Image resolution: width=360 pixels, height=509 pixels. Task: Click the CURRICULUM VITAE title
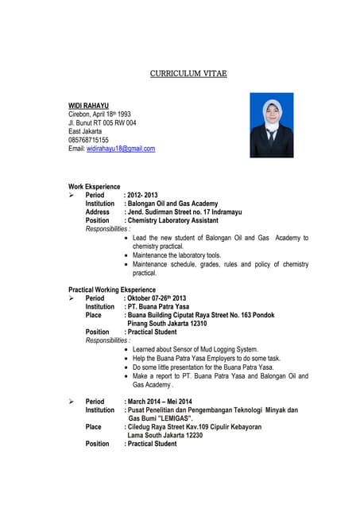coord(188,73)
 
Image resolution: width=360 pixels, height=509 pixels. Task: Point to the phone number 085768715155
coord(89,140)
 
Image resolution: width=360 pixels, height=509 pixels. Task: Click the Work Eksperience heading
coord(101,186)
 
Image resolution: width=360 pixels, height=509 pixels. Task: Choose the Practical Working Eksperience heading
coord(112,289)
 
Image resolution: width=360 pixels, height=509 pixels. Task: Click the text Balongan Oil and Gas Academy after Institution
coord(172,204)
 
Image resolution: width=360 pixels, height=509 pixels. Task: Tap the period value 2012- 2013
coord(143,195)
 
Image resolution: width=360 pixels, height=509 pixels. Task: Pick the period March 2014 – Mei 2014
coord(160,402)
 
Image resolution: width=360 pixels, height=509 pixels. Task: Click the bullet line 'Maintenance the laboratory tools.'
coord(176,255)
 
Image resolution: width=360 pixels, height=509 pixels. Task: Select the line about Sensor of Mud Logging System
coord(195,349)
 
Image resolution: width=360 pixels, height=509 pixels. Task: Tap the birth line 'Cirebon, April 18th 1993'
coord(100,114)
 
